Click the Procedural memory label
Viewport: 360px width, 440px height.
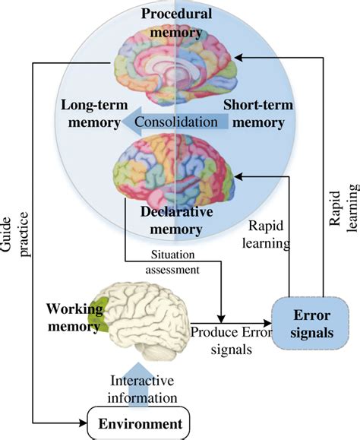point(175,23)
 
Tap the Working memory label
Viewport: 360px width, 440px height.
point(74,318)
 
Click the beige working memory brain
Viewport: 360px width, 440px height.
point(148,315)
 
